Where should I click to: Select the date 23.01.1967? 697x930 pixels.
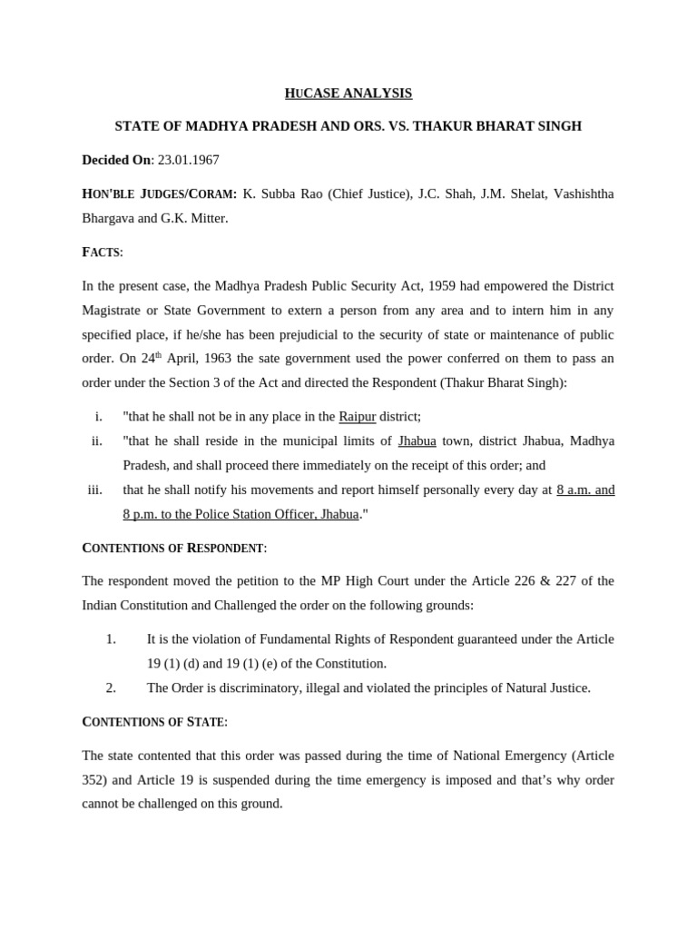pos(188,160)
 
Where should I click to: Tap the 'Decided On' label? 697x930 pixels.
pos(116,160)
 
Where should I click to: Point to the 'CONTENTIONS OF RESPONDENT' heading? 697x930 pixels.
pos(174,548)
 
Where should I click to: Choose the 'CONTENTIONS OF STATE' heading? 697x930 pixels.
pos(154,721)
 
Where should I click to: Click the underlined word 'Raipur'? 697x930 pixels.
pos(357,417)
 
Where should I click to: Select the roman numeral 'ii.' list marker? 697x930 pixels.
pos(96,441)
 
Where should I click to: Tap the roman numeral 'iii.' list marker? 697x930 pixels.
pos(95,490)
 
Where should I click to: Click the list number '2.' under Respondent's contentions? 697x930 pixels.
pos(111,688)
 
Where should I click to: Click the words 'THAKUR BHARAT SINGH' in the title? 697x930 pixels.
pos(509,126)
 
